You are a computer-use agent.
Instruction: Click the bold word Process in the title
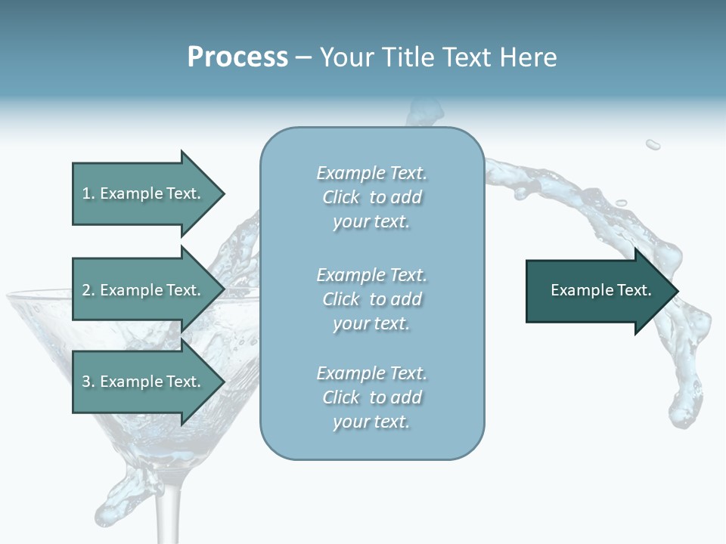click(x=237, y=57)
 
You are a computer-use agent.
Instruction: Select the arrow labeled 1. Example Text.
click(x=141, y=193)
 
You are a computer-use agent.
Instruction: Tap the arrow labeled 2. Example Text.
click(x=141, y=290)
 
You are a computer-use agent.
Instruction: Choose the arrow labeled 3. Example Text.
click(x=141, y=382)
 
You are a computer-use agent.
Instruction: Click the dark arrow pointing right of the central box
click(x=597, y=291)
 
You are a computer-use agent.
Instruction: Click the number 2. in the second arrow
click(x=88, y=290)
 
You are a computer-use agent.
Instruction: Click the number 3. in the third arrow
click(x=88, y=382)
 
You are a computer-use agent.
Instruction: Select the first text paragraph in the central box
click(x=371, y=197)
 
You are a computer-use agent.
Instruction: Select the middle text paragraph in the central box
click(x=371, y=298)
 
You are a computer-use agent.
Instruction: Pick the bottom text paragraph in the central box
click(x=371, y=397)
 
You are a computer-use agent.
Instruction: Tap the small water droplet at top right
click(x=653, y=144)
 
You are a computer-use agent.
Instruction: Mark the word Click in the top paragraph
click(x=341, y=198)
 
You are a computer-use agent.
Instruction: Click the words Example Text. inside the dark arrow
click(x=600, y=290)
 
